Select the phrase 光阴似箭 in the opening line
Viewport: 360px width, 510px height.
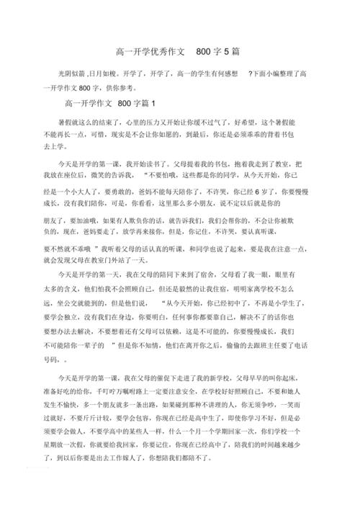pyautogui.click(x=72, y=74)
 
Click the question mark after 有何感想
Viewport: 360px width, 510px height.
pyautogui.click(x=249, y=74)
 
